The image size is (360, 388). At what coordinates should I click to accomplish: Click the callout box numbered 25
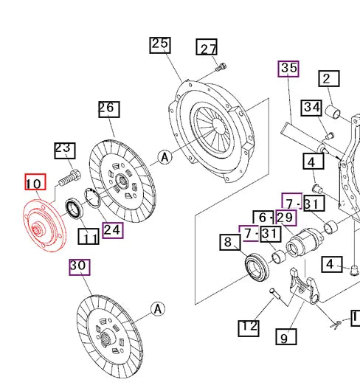160,44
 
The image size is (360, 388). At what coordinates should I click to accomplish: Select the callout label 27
207,49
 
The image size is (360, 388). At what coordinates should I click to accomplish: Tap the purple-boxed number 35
288,69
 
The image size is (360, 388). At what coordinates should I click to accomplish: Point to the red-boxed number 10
35,182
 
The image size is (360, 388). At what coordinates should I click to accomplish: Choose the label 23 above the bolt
64,149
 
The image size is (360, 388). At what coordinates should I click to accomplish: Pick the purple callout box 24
112,229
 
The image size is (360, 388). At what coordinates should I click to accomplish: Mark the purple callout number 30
78,266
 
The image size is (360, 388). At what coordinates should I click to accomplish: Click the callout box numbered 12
249,327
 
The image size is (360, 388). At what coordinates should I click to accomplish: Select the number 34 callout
312,108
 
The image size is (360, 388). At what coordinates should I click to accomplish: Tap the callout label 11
89,237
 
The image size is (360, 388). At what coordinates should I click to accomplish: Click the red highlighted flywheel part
42,227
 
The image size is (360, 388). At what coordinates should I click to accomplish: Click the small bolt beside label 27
220,69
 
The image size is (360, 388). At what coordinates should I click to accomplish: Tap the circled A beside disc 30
156,309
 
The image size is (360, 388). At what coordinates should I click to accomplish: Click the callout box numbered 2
328,79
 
